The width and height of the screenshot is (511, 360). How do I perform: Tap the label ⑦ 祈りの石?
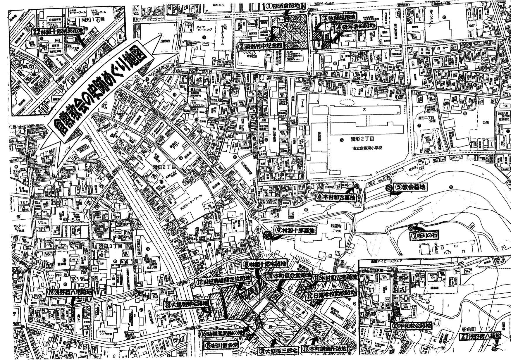(x=426, y=234)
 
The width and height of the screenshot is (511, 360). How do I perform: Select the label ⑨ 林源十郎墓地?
(x=295, y=230)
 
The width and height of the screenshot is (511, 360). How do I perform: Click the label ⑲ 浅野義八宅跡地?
(x=69, y=292)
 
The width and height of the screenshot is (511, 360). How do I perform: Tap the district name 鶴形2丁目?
(x=362, y=139)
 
